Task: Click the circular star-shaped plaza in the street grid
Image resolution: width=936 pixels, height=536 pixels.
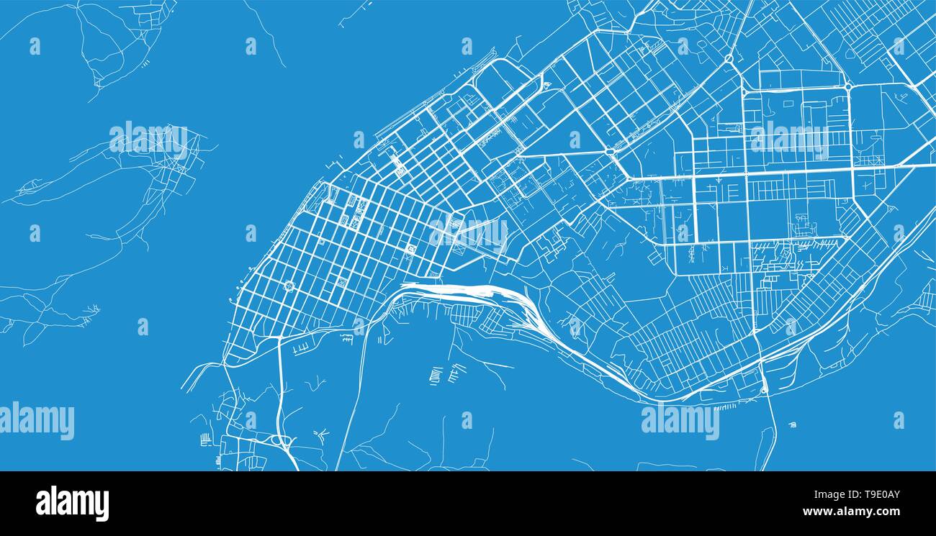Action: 289,286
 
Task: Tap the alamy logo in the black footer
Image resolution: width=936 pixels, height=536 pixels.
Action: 72,504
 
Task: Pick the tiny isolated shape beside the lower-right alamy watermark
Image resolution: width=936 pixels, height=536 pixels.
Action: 793,424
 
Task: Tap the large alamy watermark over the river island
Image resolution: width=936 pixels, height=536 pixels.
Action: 149,140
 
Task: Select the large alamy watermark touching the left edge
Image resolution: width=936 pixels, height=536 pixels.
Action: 37,421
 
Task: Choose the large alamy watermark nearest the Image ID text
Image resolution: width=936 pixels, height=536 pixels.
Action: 680,421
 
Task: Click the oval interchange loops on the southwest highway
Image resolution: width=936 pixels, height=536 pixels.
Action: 282,440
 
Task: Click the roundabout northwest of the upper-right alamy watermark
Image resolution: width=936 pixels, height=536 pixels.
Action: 729,58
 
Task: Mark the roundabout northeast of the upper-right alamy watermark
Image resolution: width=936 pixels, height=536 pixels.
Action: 848,86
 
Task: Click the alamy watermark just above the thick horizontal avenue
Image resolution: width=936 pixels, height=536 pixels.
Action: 790,140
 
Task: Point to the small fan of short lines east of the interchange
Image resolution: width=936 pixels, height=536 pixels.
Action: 321,433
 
